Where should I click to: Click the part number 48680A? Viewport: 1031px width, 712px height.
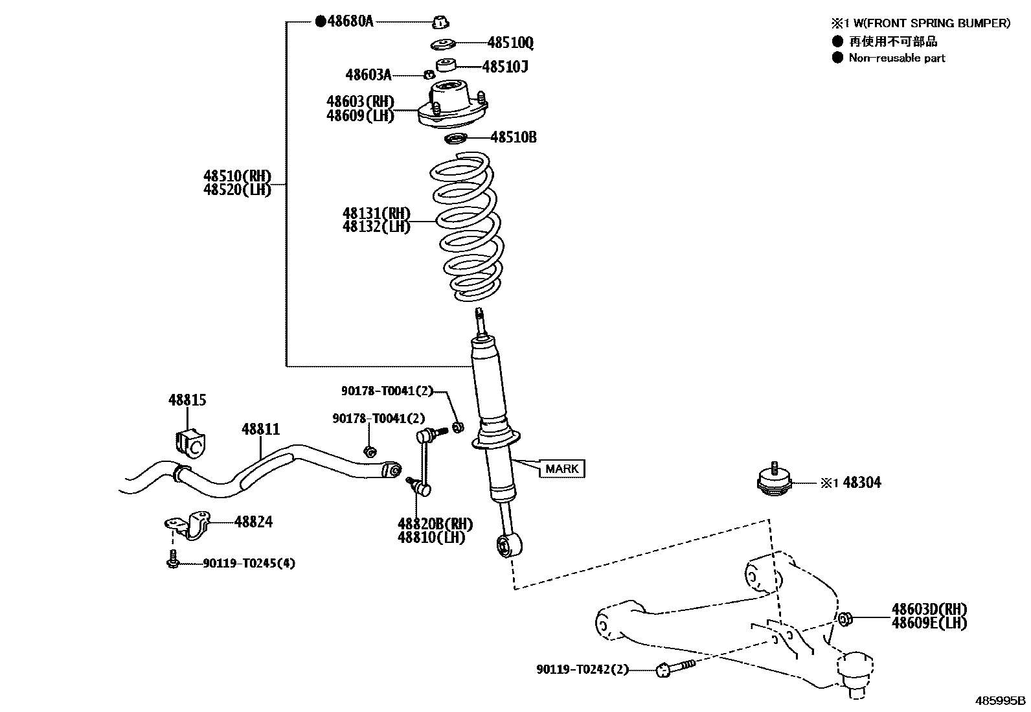coord(350,21)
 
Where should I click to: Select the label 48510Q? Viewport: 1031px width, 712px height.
coord(510,43)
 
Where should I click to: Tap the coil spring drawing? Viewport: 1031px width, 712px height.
coord(464,227)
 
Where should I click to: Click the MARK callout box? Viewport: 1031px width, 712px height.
coord(561,468)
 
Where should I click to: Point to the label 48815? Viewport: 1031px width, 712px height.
coord(187,400)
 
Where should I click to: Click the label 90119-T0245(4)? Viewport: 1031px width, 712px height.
coord(249,564)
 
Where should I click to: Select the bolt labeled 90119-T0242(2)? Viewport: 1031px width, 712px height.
coord(674,667)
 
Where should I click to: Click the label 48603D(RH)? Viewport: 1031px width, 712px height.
coord(929,609)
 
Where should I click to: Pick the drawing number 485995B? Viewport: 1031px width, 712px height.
coord(1001,701)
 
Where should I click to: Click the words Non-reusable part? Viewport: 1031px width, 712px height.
coord(897,58)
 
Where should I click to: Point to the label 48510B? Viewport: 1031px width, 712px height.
coord(513,137)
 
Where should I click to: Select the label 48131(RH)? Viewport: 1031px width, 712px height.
coord(376,213)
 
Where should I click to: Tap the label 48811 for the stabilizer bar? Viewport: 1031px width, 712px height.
coord(261,429)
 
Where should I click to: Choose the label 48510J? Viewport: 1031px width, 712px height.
coord(504,66)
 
